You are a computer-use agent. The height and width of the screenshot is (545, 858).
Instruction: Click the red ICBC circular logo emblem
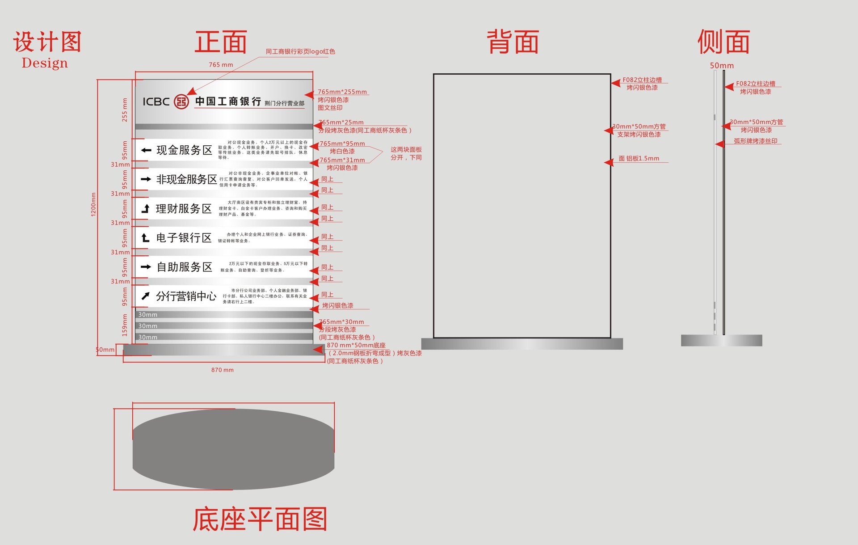181,102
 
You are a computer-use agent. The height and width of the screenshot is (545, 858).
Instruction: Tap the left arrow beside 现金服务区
146,150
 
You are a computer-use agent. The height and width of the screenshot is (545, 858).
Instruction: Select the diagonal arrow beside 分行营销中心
146,296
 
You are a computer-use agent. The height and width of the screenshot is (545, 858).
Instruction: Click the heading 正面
221,42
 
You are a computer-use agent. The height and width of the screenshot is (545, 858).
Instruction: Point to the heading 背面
513,42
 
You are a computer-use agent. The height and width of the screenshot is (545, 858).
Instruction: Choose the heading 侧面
723,42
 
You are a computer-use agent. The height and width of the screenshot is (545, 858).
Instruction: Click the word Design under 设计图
45,63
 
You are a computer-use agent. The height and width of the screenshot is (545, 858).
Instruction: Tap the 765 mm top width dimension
221,65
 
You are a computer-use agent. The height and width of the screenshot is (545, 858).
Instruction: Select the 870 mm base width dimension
222,370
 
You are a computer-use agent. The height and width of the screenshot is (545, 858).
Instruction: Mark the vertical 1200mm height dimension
93,204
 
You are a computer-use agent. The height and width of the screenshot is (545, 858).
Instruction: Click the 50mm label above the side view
722,66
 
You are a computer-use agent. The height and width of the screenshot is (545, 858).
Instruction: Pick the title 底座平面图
260,519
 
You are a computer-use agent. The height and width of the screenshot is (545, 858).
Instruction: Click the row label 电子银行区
184,238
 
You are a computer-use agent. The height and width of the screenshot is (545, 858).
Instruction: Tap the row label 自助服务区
184,267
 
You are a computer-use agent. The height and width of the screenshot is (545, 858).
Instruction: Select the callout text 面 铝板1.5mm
639,159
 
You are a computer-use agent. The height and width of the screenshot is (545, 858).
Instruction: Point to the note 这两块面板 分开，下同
406,153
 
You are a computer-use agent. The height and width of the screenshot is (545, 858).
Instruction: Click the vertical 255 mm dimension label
125,110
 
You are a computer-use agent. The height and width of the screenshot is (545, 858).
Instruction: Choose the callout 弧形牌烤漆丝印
755,141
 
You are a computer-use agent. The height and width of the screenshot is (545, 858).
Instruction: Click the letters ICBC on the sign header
156,102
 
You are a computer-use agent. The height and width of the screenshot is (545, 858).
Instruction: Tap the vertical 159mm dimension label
125,325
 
